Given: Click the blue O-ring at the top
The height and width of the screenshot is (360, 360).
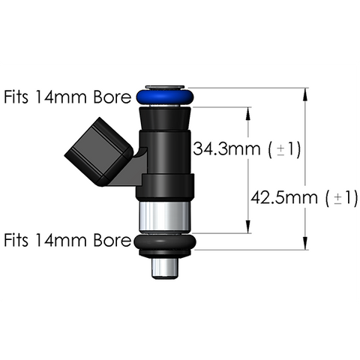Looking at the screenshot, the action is pyautogui.click(x=165, y=97).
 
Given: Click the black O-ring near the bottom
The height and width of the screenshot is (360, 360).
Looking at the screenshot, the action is pyautogui.click(x=165, y=242).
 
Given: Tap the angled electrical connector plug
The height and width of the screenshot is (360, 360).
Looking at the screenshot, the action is pyautogui.click(x=99, y=151).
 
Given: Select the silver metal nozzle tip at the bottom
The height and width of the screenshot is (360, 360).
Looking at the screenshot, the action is pyautogui.click(x=165, y=268).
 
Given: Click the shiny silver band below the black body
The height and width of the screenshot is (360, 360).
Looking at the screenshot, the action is pyautogui.click(x=164, y=217).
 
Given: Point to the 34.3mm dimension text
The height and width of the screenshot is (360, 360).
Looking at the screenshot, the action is pyautogui.click(x=226, y=149).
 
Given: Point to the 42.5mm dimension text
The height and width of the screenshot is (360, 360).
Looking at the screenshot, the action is pyautogui.click(x=284, y=198).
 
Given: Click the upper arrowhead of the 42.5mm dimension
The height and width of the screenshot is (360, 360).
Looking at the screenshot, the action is pyautogui.click(x=304, y=95).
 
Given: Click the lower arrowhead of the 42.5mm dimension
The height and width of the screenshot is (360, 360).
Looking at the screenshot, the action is pyautogui.click(x=304, y=243).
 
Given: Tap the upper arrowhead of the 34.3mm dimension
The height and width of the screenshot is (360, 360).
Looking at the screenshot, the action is pyautogui.click(x=248, y=114).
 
